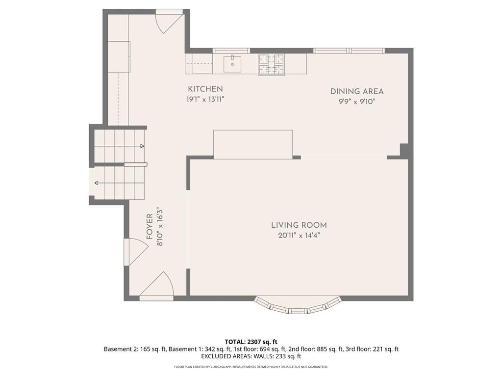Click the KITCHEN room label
click(x=205, y=89)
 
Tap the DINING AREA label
click(x=357, y=91)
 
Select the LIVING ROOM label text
click(x=299, y=225)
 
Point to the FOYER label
click(x=150, y=227)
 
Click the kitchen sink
click(x=232, y=64)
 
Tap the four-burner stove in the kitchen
click(x=272, y=64)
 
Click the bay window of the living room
click(x=298, y=305)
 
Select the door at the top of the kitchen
click(x=170, y=21)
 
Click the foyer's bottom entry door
click(x=156, y=287)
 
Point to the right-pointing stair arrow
click(x=119, y=146)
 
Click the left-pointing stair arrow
click(x=119, y=183)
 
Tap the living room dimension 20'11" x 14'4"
click(x=299, y=236)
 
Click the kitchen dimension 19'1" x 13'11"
click(x=205, y=99)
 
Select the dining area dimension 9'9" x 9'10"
click(x=357, y=102)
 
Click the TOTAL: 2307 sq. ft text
click(x=251, y=342)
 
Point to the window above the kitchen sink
click(x=231, y=51)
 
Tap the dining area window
click(x=349, y=51)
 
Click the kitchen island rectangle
click(x=253, y=144)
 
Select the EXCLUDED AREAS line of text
click(x=251, y=356)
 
